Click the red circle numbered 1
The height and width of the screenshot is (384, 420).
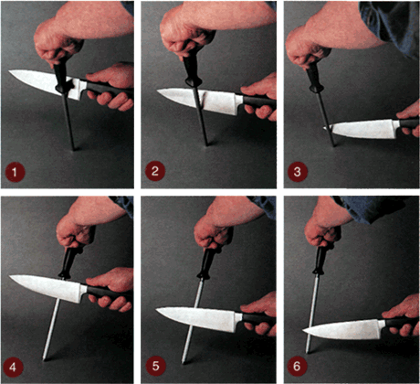point(15,172)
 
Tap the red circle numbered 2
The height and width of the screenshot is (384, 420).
point(155,171)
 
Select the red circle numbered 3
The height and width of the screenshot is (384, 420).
point(298,172)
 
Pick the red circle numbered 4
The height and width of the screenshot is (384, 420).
point(13,368)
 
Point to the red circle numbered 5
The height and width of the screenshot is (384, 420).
point(155,366)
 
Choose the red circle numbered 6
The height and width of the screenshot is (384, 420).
point(297,366)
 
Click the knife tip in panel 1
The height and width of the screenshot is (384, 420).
point(9,71)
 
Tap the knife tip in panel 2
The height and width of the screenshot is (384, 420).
point(157,91)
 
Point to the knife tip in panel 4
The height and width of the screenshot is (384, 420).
point(10,276)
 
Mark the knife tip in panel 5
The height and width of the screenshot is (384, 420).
point(156,310)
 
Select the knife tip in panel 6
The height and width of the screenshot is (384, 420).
point(303,330)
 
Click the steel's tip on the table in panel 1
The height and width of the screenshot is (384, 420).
point(73,149)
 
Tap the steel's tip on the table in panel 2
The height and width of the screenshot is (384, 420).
point(207,144)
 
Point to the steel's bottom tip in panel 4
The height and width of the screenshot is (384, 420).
point(45,359)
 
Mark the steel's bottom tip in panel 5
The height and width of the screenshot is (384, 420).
point(184,362)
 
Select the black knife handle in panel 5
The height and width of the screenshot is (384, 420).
point(258,318)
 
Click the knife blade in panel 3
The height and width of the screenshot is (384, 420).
point(362,129)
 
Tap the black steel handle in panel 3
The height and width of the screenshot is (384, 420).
point(314,78)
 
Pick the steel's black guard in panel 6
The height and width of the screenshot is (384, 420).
point(320,271)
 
